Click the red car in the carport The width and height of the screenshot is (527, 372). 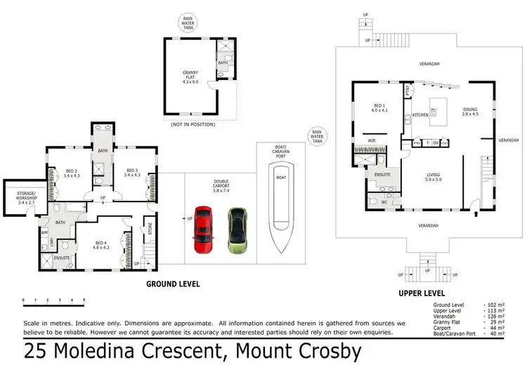203,230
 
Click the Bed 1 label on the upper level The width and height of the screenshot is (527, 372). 379,109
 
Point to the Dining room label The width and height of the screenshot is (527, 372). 470,112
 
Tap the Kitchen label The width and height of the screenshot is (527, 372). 420,115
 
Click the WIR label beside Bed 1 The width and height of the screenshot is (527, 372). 372,140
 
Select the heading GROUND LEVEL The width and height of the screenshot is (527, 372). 172,284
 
